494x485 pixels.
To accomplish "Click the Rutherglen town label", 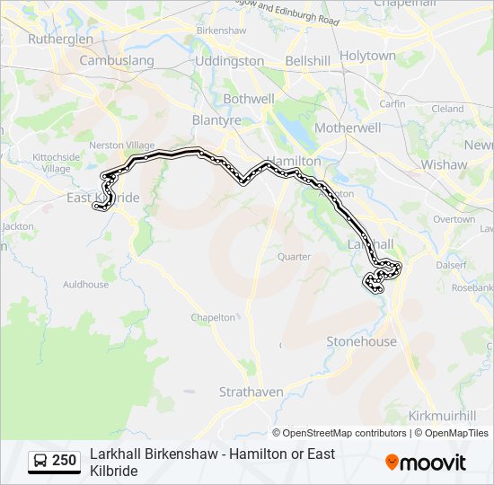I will point(60,40).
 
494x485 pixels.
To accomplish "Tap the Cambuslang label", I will point(117,61).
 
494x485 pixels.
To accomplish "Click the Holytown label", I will point(367,56).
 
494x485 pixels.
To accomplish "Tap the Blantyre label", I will point(216,119).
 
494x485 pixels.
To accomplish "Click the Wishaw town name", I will point(444,164).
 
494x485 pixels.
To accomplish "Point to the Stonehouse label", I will point(361,341).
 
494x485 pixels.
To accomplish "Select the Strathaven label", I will point(251,392).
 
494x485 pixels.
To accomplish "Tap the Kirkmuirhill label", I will point(442,416).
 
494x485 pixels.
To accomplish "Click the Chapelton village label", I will point(213,317).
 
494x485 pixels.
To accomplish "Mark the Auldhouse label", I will point(85,285).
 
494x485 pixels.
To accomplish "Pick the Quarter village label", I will point(294,256).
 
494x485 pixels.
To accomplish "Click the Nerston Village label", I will point(121,145).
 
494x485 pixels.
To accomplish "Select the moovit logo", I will point(426,463).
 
